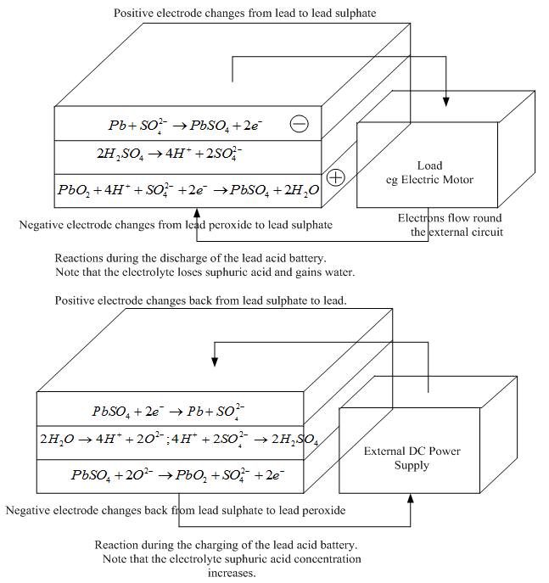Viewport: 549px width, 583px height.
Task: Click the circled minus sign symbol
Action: [x=300, y=124]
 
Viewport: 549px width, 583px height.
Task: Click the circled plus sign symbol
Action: [x=336, y=177]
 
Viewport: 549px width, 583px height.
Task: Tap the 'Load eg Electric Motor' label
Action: [x=430, y=172]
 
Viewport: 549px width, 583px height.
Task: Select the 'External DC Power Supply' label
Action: [x=412, y=457]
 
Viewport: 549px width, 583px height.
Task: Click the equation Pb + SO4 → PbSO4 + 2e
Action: [x=185, y=126]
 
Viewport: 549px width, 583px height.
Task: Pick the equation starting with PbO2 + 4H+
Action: [x=188, y=190]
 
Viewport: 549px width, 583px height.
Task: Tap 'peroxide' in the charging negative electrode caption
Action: [x=323, y=510]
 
